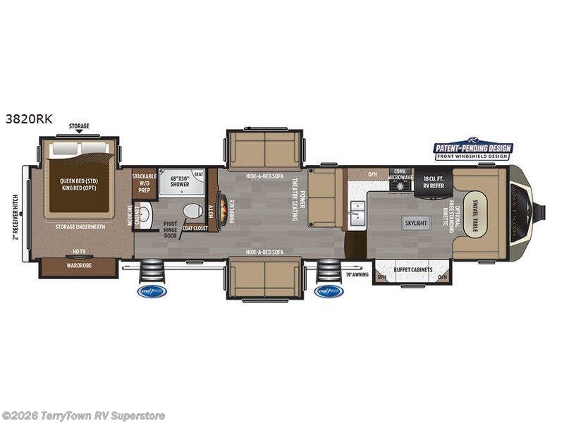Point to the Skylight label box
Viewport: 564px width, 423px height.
[416, 223]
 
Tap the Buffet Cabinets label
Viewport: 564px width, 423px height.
[412, 270]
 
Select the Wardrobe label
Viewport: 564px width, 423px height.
[78, 267]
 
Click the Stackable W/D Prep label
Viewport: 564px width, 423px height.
[144, 182]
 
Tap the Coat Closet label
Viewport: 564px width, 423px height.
[195, 228]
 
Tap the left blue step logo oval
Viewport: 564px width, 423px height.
[152, 290]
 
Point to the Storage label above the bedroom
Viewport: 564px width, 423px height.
[79, 126]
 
